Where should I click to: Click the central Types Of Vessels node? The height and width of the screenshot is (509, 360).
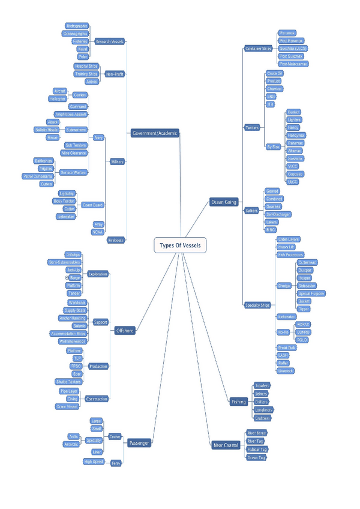pyautogui.click(x=180, y=245)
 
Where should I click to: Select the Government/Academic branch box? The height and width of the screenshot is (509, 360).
pyautogui.click(x=155, y=133)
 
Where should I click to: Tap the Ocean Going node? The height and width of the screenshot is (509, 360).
pyautogui.click(x=224, y=202)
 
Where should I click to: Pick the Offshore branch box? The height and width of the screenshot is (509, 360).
pyautogui.click(x=125, y=330)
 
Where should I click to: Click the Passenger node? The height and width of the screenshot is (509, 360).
pyautogui.click(x=139, y=443)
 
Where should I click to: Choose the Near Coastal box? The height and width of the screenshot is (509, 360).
pyautogui.click(x=226, y=445)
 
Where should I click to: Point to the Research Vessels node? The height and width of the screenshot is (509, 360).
pyautogui.click(x=110, y=42)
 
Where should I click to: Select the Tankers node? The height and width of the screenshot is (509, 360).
pyautogui.click(x=252, y=127)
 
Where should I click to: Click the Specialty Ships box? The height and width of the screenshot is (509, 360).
pyautogui.click(x=257, y=306)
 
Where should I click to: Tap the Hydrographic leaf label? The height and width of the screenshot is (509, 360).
pyautogui.click(x=77, y=26)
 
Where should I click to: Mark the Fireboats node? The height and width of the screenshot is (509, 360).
pyautogui.click(x=116, y=240)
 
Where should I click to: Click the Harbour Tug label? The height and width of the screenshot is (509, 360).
pyautogui.click(x=257, y=449)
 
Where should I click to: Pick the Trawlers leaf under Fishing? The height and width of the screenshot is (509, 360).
pyautogui.click(x=262, y=385)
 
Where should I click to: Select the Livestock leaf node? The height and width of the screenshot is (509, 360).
pyautogui.click(x=286, y=371)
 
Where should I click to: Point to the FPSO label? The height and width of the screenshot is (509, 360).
pyautogui.click(x=76, y=366)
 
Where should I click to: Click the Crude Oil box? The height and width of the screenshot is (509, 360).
pyautogui.click(x=275, y=73)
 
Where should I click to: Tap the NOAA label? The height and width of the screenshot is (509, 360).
pyautogui.click(x=97, y=232)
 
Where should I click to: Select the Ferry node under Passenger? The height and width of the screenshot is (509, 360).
pyautogui.click(x=116, y=463)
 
